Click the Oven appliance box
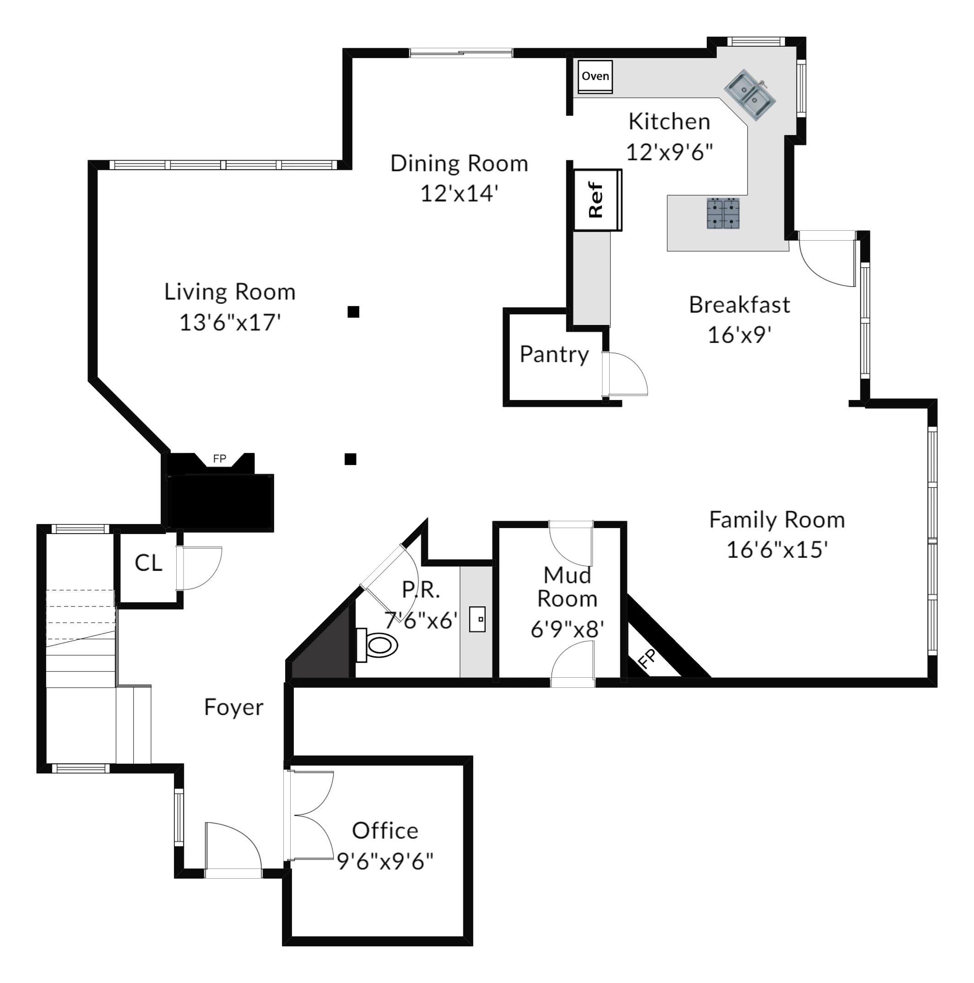coord(595,76)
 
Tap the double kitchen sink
coord(750,95)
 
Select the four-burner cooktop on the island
coord(723,213)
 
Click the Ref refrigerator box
coord(596,200)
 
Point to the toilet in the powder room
coord(378,645)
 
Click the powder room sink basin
coord(477,619)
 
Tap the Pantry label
coord(554,354)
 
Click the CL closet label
coord(148,563)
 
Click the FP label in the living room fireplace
coord(219,459)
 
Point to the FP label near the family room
coord(647,659)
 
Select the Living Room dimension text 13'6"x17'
coord(230,323)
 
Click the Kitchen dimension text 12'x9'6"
coord(669,152)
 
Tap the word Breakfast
coord(739,305)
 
